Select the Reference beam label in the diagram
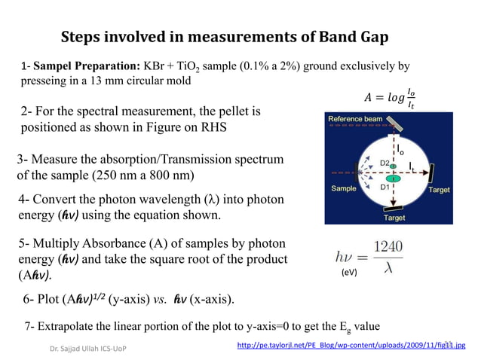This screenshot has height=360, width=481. click(x=354, y=120)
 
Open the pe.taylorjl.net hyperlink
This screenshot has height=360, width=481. click(x=351, y=346)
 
